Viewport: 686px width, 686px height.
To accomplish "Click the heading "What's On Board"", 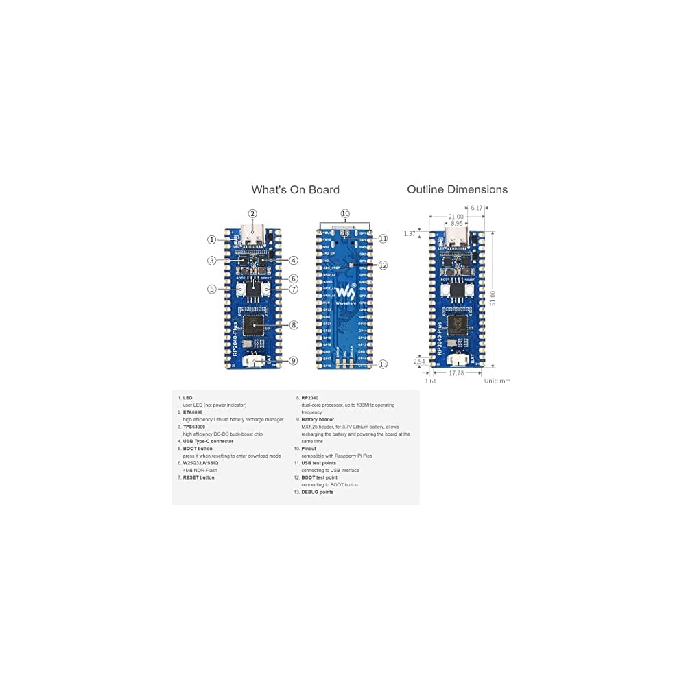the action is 295,190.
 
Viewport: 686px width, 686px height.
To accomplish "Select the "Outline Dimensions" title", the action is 457,189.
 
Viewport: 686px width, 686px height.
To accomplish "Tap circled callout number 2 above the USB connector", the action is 252,213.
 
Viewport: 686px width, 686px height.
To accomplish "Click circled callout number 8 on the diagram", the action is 294,325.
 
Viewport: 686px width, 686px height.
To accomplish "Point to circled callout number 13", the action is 383,364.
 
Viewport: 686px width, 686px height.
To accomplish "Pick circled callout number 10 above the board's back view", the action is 344,213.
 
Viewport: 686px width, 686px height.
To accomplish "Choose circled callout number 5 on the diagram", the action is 212,289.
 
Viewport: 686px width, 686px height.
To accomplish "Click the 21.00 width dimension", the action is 456,217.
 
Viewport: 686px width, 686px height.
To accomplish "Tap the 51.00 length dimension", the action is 493,298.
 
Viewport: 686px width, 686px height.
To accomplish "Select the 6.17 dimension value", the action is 477,207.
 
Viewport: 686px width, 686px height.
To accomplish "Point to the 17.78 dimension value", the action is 456,373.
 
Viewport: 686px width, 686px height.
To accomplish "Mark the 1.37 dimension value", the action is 410,234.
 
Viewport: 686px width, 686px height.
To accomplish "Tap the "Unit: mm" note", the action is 497,381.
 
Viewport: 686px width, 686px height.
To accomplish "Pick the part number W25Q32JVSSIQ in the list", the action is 200,463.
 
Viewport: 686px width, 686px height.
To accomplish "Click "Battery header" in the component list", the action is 318,419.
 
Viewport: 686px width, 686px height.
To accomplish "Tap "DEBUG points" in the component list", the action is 317,492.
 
